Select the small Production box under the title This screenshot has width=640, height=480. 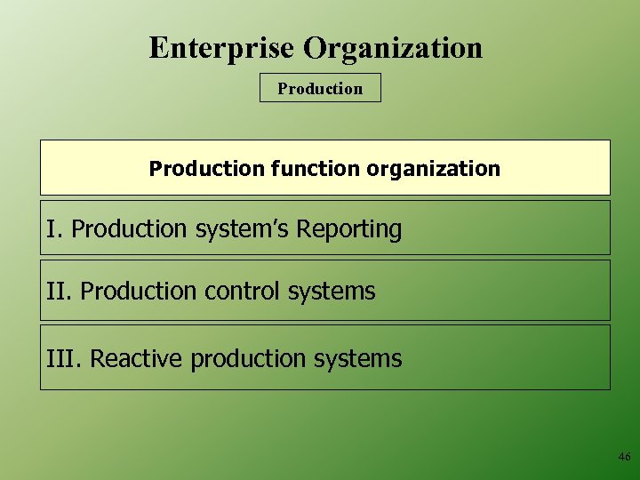pyautogui.click(x=320, y=88)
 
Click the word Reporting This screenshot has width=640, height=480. pyautogui.click(x=349, y=229)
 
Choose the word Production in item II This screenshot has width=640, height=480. pyautogui.click(x=138, y=292)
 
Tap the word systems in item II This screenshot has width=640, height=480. pyautogui.click(x=330, y=292)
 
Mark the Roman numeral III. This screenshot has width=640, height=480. pyautogui.click(x=64, y=359)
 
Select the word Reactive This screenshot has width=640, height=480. pyautogui.click(x=137, y=359)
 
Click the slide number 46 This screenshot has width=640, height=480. pyautogui.click(x=624, y=457)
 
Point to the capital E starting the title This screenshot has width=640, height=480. pyautogui.click(x=159, y=47)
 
